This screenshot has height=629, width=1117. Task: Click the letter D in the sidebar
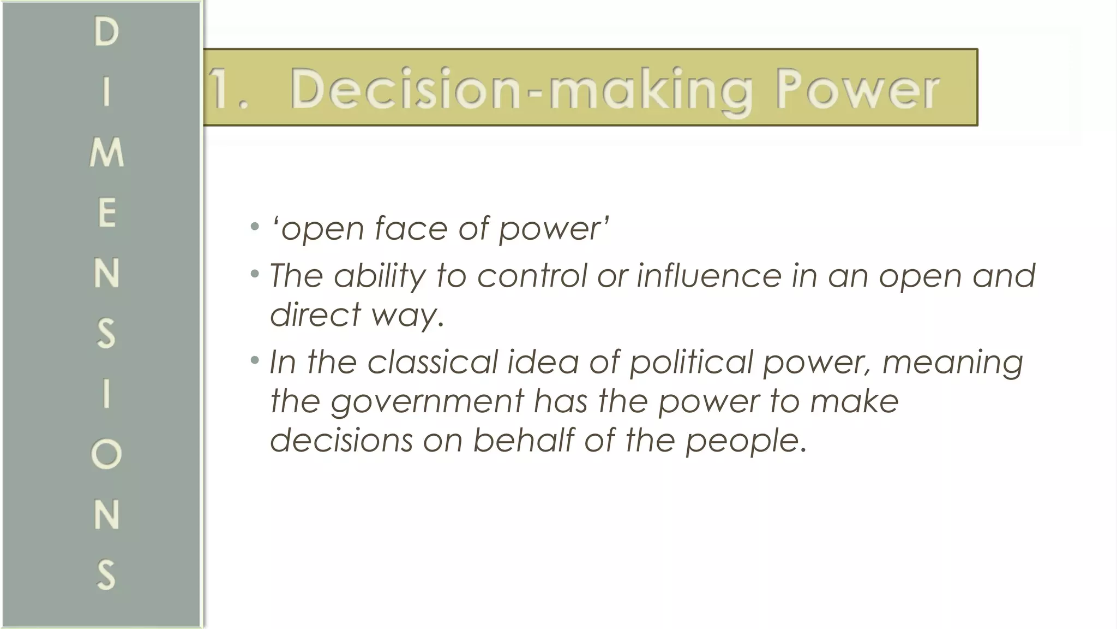pos(106,32)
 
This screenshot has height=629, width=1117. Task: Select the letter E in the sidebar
pos(107,213)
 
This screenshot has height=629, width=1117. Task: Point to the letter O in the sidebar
pos(106,454)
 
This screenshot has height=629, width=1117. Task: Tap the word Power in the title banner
pos(857,89)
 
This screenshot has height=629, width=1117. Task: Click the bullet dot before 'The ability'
pos(254,273)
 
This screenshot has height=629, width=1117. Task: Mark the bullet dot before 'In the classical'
pos(254,360)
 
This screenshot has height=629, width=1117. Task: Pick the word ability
pos(380,276)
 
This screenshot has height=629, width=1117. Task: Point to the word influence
pos(710,276)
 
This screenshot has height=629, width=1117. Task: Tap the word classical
pos(433,362)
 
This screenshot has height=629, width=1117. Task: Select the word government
pos(427,401)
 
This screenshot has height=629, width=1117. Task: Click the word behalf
pos(523,440)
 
